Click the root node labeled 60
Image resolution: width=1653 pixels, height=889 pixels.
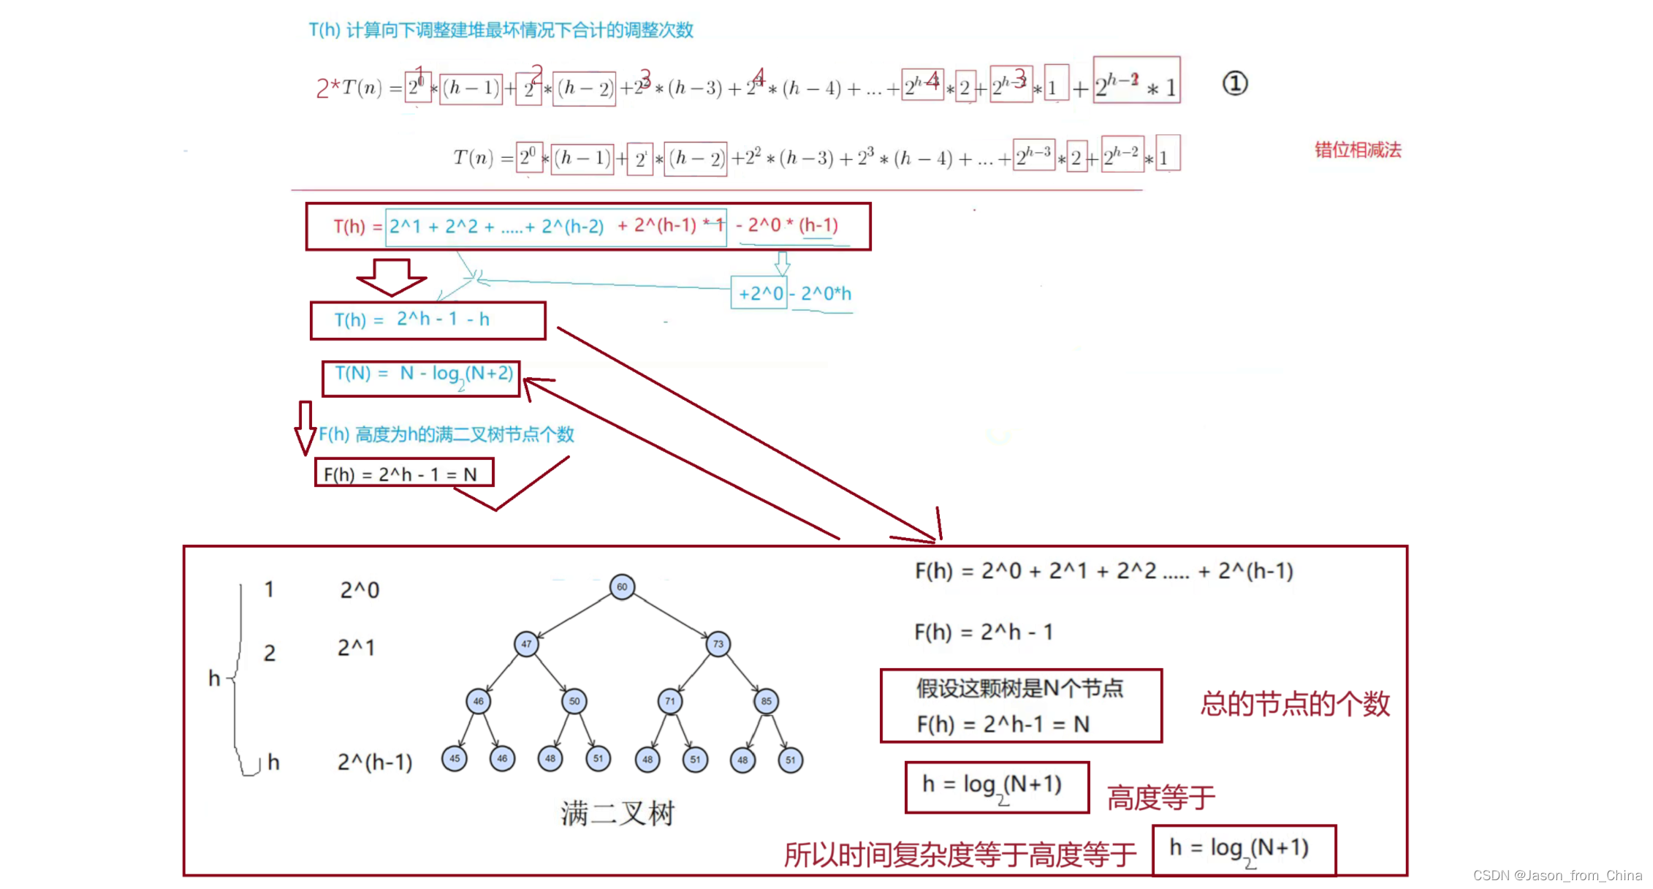click(622, 586)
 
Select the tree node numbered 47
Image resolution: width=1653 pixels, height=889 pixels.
click(526, 644)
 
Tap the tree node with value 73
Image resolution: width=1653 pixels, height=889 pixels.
click(718, 644)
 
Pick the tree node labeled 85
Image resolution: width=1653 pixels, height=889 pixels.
click(766, 701)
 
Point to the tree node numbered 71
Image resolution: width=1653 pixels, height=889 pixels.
click(670, 701)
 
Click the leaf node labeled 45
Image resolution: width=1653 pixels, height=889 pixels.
click(455, 759)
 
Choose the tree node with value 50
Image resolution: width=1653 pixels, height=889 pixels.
click(574, 701)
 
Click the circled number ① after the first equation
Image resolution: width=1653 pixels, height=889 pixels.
click(1235, 83)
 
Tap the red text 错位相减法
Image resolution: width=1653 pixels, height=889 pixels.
click(1358, 150)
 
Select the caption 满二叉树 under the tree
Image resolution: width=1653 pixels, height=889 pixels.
click(617, 813)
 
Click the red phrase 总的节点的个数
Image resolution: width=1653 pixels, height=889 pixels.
click(1295, 703)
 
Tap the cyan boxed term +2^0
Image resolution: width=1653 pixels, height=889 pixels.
click(760, 294)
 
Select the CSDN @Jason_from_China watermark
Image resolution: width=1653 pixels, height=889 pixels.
click(1557, 875)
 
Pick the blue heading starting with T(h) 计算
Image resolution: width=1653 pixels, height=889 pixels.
click(501, 30)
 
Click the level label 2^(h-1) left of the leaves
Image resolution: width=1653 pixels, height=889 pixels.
click(375, 763)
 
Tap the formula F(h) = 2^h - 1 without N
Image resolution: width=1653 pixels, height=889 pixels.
click(984, 632)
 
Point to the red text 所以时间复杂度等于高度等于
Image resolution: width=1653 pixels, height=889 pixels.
click(960, 854)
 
